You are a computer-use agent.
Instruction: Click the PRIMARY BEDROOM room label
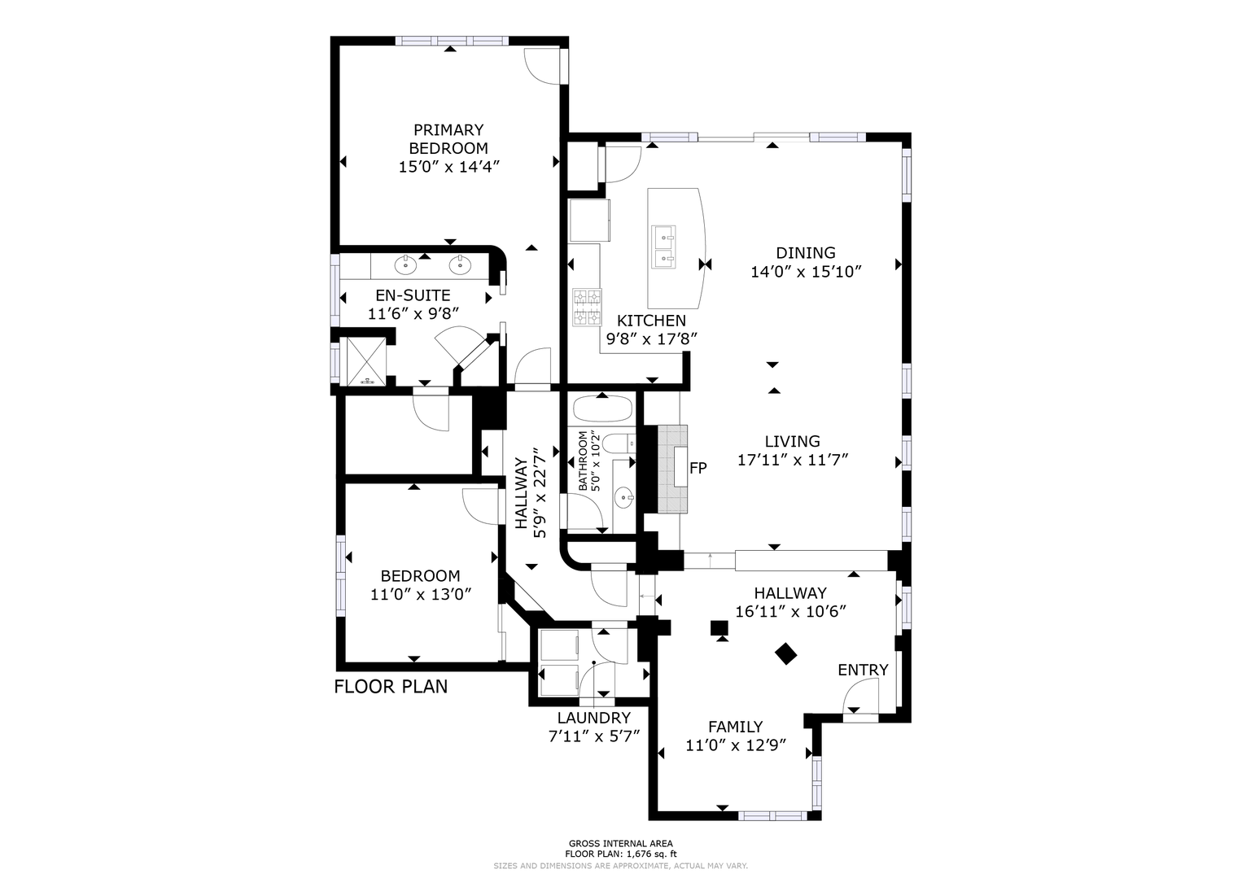click(x=448, y=139)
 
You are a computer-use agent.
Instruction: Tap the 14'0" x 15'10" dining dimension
click(x=806, y=272)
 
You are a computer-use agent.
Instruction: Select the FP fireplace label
click(x=698, y=469)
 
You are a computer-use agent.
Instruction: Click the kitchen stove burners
click(x=587, y=307)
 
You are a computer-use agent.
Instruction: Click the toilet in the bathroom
click(x=619, y=443)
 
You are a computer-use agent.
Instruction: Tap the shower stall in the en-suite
click(x=366, y=360)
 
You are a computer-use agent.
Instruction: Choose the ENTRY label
click(x=863, y=671)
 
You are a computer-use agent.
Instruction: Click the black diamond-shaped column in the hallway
click(x=785, y=653)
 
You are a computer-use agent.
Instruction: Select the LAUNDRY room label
click(x=594, y=718)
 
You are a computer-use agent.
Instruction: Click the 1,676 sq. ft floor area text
click(x=648, y=854)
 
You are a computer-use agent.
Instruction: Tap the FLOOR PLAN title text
click(x=391, y=687)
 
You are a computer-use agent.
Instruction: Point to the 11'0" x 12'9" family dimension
click(x=737, y=745)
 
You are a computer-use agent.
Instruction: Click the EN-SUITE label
click(x=413, y=295)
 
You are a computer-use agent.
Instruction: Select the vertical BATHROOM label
click(x=583, y=461)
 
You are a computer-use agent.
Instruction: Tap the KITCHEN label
click(x=651, y=321)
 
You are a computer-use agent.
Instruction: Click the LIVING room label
click(x=793, y=442)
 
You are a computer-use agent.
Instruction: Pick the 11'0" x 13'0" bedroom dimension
click(x=421, y=595)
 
